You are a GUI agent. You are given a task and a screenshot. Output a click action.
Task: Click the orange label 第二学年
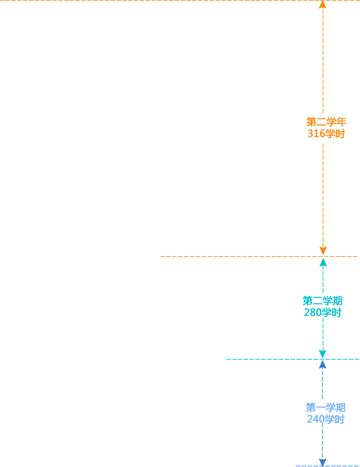pos(326,122)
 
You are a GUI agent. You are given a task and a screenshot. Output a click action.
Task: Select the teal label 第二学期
pos(323,301)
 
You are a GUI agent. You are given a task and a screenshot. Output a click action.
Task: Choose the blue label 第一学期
pos(325,407)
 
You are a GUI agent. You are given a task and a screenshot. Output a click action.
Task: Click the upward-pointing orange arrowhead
pos(323,5)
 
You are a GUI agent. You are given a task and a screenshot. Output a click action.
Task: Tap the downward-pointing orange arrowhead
pos(323,251)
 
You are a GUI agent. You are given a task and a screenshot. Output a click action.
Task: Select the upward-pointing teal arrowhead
pos(323,263)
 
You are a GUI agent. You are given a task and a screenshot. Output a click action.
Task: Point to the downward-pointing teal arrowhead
pos(323,354)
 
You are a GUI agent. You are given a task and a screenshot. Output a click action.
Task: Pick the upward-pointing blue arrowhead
pos(323,365)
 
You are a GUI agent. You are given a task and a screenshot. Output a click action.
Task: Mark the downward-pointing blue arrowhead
pos(323,462)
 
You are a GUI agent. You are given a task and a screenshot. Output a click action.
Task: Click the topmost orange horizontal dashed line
pos(180,0)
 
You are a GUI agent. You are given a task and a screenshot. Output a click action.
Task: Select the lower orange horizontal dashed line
pos(259,256)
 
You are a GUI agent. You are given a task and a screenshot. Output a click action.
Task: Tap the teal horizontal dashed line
pos(293,359)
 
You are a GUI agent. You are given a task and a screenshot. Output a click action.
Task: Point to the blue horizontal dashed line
pos(327,466)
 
